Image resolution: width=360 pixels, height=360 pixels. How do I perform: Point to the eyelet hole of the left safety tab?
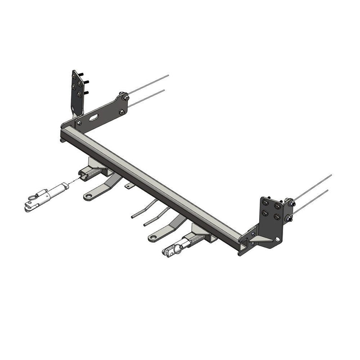click(88, 196)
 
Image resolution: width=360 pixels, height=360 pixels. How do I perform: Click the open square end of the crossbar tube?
click(243, 247)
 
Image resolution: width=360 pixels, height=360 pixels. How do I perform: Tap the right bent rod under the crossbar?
click(156, 216)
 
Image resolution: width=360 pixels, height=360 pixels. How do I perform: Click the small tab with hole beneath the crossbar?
click(129, 185)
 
